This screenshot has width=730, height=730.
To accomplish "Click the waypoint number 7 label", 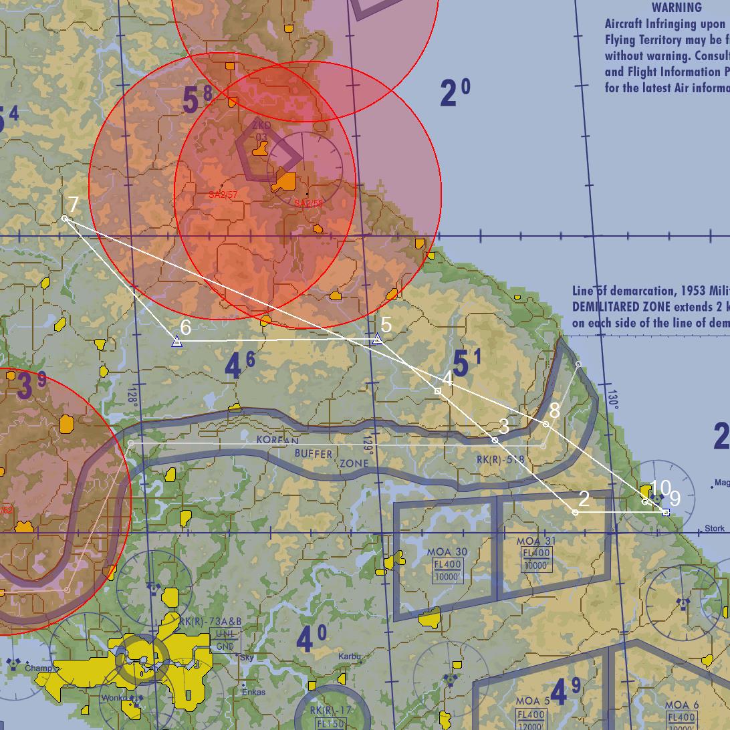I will [x=74, y=205].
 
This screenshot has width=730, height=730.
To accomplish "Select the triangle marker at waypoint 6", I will [x=176, y=342].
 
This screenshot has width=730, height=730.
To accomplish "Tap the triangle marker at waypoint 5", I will [x=378, y=340].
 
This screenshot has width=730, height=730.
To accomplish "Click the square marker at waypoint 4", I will [x=438, y=391].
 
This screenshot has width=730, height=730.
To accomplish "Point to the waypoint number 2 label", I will [x=584, y=499].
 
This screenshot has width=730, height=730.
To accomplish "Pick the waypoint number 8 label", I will [x=554, y=410].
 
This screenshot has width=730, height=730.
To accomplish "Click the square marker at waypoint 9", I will [x=665, y=512].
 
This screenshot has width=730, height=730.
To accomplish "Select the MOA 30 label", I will [x=447, y=553].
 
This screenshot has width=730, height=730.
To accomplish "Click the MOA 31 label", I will [x=536, y=541].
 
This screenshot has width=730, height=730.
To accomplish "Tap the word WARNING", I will [x=677, y=8].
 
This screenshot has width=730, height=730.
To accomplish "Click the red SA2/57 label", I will [x=223, y=195].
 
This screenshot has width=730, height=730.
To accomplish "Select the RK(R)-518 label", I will [x=500, y=460].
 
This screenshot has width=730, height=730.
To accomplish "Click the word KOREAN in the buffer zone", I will [x=277, y=441].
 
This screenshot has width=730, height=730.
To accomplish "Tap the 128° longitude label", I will [x=132, y=396].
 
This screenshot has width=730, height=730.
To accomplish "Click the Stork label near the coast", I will [x=715, y=528].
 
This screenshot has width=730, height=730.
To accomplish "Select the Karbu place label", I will [x=349, y=656].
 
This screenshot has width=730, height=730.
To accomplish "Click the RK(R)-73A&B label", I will [x=210, y=622].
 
